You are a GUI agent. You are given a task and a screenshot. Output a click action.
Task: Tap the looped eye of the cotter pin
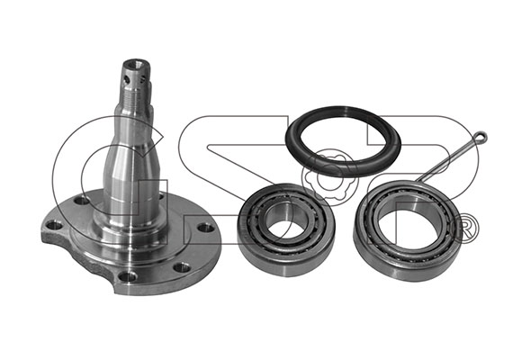point(481,137)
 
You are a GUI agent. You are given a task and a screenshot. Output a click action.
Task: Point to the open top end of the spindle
point(137,63)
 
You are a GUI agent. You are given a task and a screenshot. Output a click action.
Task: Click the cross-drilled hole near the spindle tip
point(127,80)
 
